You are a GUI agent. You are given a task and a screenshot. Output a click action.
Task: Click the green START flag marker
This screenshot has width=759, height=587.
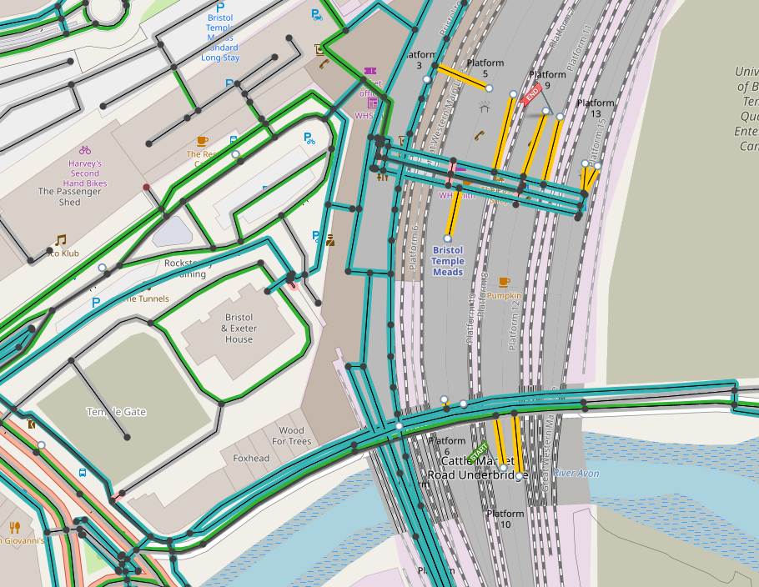click(479, 452)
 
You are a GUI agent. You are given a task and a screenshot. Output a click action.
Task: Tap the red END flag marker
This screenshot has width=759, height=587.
click(531, 93)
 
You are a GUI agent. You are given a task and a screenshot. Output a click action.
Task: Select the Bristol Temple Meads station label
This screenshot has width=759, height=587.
click(448, 261)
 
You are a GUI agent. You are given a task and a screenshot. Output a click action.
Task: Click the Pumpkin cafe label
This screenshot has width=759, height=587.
click(504, 295)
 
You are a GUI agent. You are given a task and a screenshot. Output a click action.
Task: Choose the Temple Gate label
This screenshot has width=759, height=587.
click(115, 412)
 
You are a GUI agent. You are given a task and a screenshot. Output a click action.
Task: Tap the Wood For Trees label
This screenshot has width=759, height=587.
click(291, 436)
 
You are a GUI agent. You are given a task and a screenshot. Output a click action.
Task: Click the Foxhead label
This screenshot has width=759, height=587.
click(251, 459)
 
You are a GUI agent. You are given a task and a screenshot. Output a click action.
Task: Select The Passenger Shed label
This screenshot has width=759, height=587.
click(70, 197)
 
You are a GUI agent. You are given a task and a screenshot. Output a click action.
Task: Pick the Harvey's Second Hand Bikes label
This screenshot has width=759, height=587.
click(85, 173)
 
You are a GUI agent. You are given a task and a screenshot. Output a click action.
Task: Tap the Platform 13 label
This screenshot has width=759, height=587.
click(595, 108)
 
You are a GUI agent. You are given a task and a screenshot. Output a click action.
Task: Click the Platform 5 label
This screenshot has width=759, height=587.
click(485, 68)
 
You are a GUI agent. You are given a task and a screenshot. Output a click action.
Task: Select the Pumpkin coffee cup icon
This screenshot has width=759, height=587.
click(504, 282)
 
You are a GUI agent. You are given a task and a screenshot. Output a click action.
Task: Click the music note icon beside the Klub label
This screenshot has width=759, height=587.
click(60, 240)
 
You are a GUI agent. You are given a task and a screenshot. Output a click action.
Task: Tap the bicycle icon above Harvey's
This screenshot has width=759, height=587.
click(85, 150)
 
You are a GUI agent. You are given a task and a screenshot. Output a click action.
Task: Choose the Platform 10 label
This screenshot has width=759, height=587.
click(505, 519)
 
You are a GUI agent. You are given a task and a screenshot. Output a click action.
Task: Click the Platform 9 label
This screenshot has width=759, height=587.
click(547, 79)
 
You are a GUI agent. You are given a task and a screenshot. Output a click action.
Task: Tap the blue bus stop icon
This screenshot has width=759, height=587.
click(83, 473)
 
